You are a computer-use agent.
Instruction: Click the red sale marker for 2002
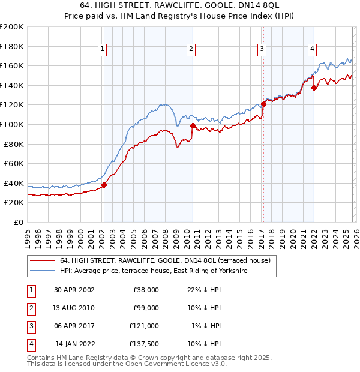[x=104, y=185]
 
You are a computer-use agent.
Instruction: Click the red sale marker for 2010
[x=192, y=125]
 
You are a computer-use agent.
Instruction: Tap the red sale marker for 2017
[x=263, y=104]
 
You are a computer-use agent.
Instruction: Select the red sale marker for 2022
[x=314, y=88]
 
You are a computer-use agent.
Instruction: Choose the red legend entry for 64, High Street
[x=166, y=261]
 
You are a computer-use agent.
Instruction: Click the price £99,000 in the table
[x=146, y=308]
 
